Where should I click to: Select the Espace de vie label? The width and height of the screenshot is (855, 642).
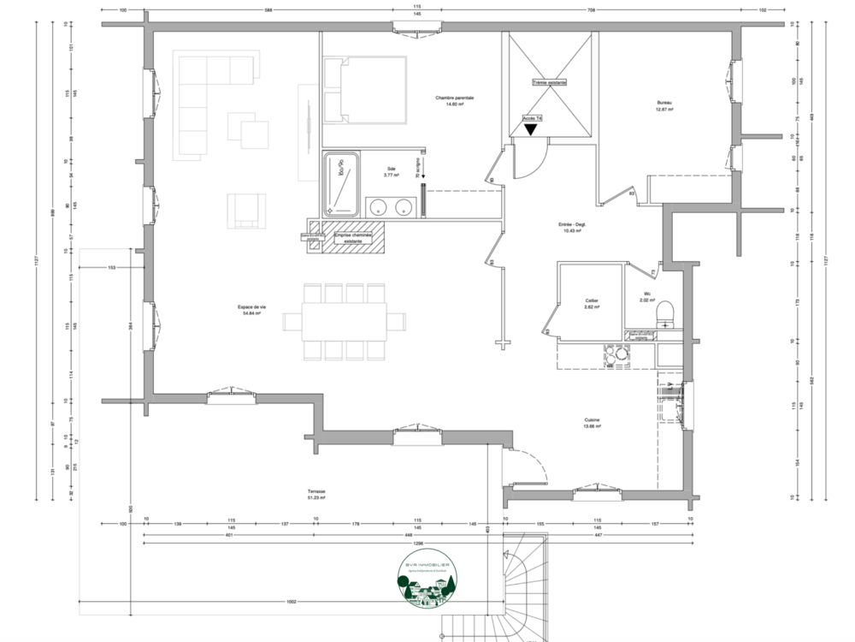[251, 309]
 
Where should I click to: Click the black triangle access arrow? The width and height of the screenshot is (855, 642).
[530, 129]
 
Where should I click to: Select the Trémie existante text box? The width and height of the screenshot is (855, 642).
[549, 83]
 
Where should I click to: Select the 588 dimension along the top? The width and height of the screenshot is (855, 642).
[268, 11]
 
